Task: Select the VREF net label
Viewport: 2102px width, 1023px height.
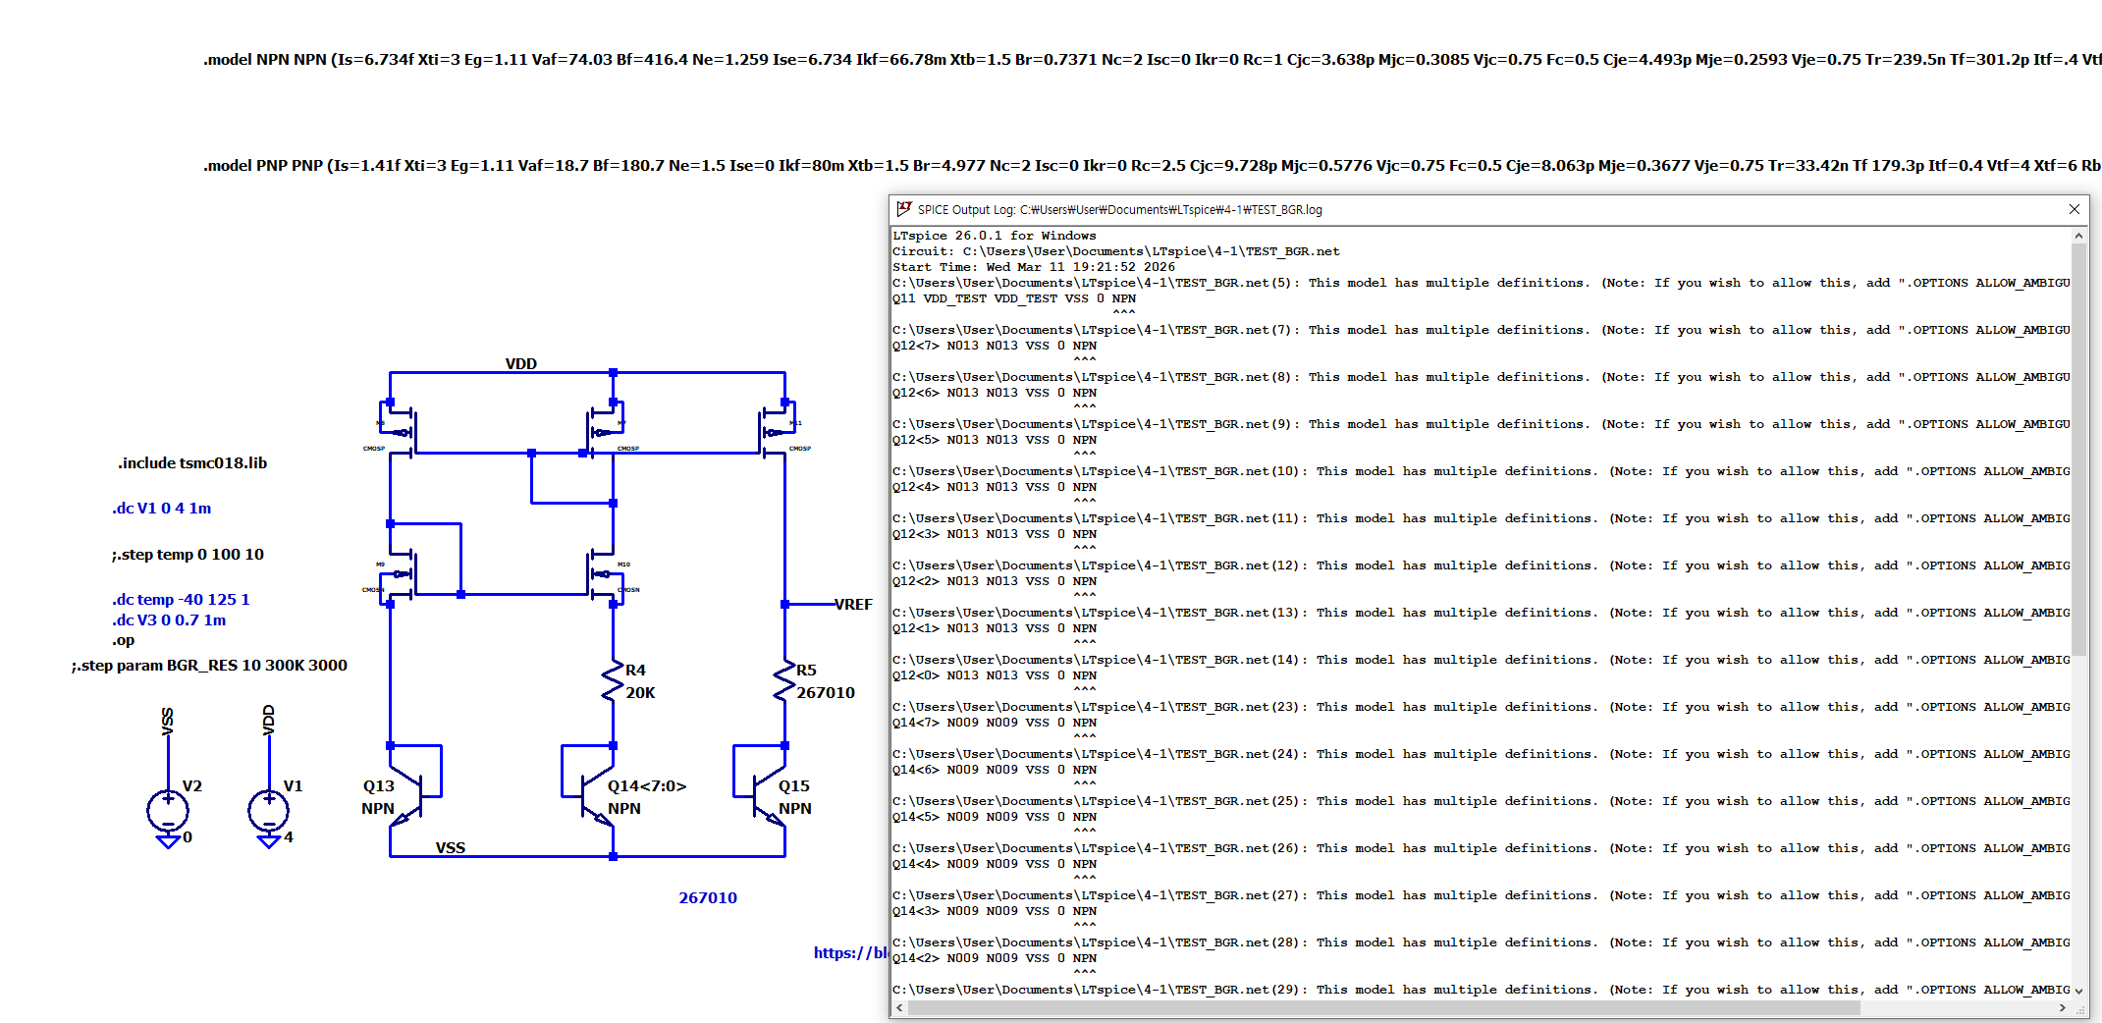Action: click(x=853, y=605)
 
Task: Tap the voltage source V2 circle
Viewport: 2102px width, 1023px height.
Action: click(x=168, y=811)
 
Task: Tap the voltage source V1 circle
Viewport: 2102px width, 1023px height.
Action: click(x=269, y=811)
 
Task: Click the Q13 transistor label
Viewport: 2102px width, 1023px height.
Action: click(x=378, y=786)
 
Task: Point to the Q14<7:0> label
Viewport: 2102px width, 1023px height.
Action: click(x=646, y=786)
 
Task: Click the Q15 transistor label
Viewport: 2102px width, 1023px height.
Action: click(x=793, y=786)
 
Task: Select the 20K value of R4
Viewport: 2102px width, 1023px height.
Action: click(x=640, y=693)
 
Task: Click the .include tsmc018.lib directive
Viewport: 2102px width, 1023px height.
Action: click(x=192, y=463)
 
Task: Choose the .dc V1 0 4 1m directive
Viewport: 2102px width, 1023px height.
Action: click(x=161, y=509)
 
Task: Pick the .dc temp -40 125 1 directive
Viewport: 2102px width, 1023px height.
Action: click(x=181, y=600)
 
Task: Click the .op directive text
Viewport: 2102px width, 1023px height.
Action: click(x=123, y=641)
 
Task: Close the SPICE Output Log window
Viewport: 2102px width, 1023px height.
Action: click(x=2074, y=209)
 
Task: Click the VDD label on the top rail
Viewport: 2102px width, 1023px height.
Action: click(x=520, y=364)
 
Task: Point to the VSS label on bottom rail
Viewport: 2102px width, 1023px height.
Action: click(x=451, y=848)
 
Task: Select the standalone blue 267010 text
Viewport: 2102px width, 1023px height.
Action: click(x=707, y=898)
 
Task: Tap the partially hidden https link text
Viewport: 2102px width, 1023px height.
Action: click(x=850, y=953)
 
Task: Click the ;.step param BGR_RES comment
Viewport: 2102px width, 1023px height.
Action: click(x=209, y=666)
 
